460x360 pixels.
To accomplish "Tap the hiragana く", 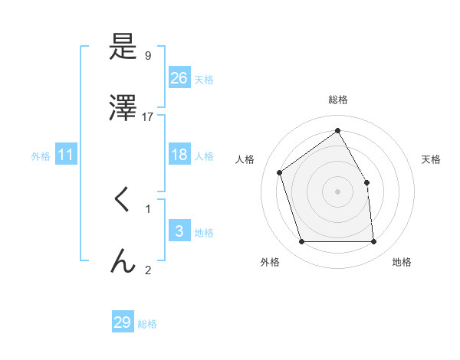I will pos(123,201).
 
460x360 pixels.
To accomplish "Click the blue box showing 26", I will pos(179,78).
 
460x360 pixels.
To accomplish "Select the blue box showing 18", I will pos(179,155).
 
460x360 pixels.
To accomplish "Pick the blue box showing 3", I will pos(179,231).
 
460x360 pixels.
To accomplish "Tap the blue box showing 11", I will pos(66,155).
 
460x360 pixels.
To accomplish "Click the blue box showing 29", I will pos(123,322).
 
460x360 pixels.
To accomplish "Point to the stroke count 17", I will pos(148,117).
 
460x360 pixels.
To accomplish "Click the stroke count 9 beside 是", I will pos(148,56).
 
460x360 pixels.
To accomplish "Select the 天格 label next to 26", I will pos(203,80).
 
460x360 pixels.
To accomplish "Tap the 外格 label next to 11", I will pos(41,156).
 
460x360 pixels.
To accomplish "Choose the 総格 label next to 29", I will pos(147,324).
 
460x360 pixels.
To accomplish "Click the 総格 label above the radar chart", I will pos(338,100).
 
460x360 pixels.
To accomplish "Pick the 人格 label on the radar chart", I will pos(245,159).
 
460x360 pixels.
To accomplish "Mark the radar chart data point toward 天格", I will pos(366,182).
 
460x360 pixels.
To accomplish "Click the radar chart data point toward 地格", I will pos(373,242).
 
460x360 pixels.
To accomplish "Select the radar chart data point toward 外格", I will pos(302,242).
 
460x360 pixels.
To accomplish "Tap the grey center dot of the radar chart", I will pos(338,191).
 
